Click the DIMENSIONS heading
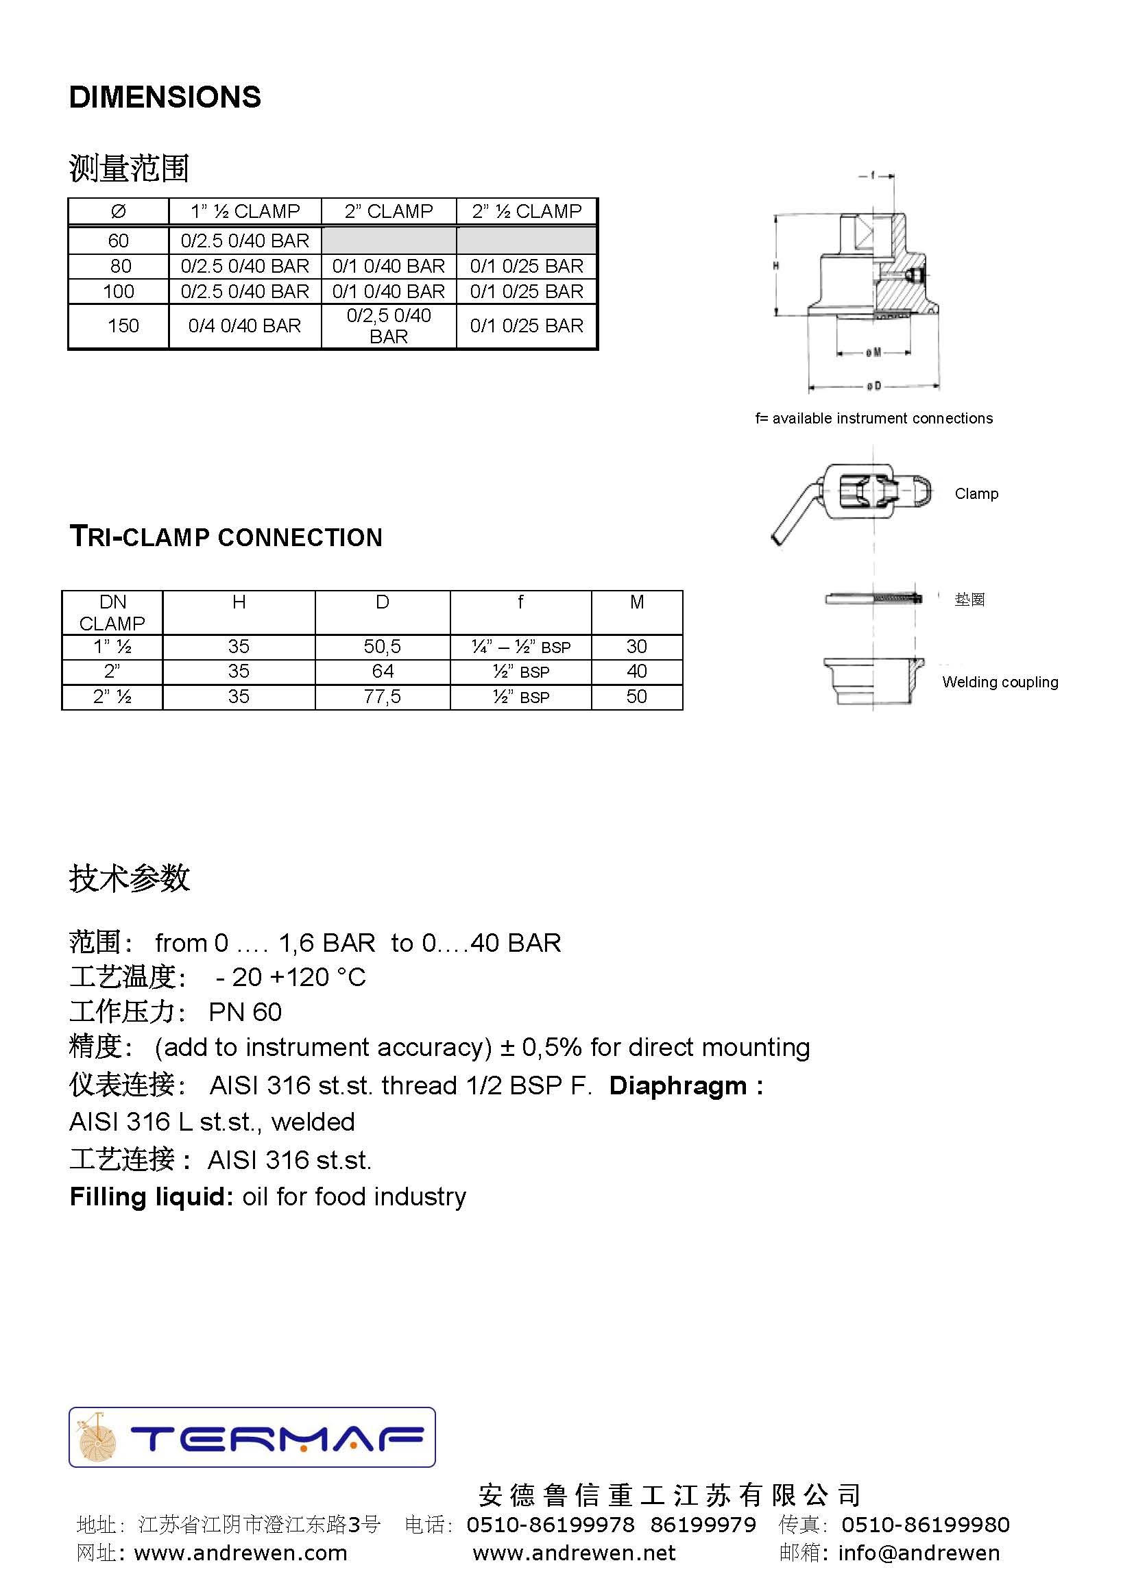[x=165, y=97]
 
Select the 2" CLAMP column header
[x=388, y=211]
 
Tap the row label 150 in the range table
[x=123, y=325]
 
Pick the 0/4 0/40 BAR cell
[x=244, y=325]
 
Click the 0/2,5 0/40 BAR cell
[x=388, y=325]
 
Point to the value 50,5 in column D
[x=382, y=646]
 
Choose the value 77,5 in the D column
[x=382, y=696]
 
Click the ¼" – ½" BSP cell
[x=520, y=647]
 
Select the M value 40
[x=636, y=672]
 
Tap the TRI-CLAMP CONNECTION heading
[x=226, y=537]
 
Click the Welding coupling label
[x=999, y=682]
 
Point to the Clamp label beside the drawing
[x=976, y=493]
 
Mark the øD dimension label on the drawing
[x=873, y=385]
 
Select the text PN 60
[x=245, y=1012]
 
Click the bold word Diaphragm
[x=677, y=1085]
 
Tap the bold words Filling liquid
[x=151, y=1196]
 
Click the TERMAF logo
[x=252, y=1437]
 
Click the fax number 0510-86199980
[x=925, y=1524]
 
